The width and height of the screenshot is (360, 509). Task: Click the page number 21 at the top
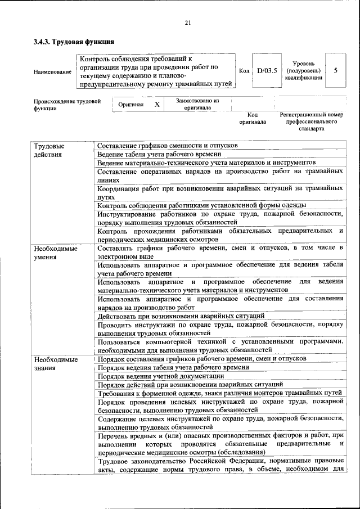click(188, 22)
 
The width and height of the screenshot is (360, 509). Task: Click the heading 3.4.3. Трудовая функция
click(74, 42)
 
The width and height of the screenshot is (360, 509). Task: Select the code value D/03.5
click(267, 71)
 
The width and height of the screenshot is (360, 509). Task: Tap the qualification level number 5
click(336, 71)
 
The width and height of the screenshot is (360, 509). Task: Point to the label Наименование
click(52, 71)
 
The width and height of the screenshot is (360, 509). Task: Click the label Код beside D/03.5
click(244, 71)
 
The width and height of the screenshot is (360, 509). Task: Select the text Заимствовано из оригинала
click(197, 104)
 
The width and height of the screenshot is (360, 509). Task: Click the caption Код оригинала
click(253, 118)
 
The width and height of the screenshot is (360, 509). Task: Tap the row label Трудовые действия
click(49, 150)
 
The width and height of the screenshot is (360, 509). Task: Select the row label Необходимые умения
click(55, 253)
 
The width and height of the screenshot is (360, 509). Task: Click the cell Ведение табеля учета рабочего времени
click(159, 154)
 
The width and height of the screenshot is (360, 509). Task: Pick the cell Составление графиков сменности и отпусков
click(167, 146)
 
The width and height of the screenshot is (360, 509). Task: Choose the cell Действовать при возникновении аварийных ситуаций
click(181, 316)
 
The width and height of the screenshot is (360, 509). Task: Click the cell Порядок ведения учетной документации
click(160, 376)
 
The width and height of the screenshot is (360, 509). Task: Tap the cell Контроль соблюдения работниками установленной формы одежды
click(201, 205)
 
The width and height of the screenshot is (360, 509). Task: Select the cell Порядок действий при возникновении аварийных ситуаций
click(180, 384)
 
